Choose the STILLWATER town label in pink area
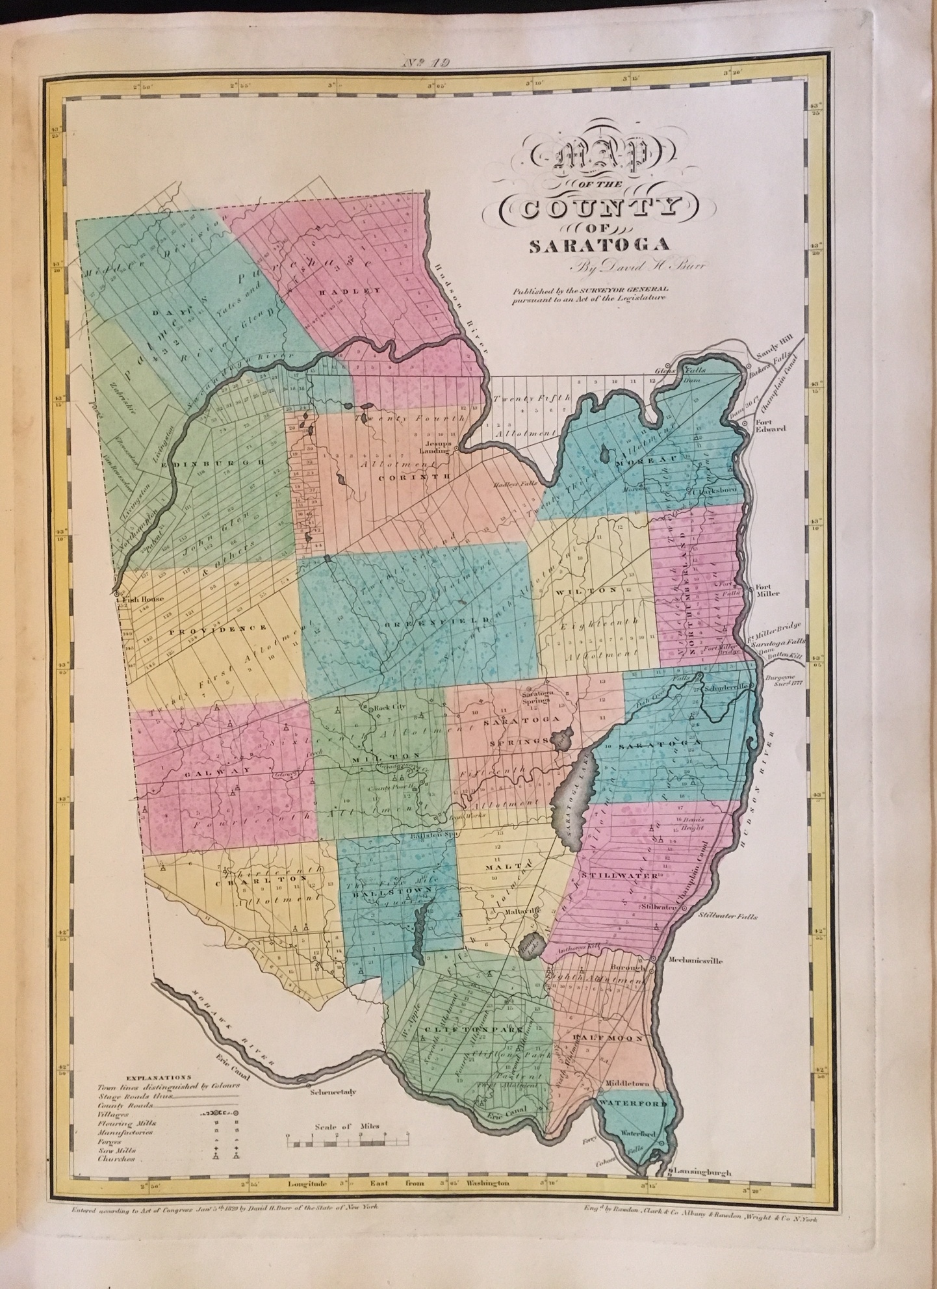(x=611, y=876)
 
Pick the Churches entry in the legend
(x=116, y=1158)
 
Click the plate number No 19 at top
(x=428, y=62)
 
